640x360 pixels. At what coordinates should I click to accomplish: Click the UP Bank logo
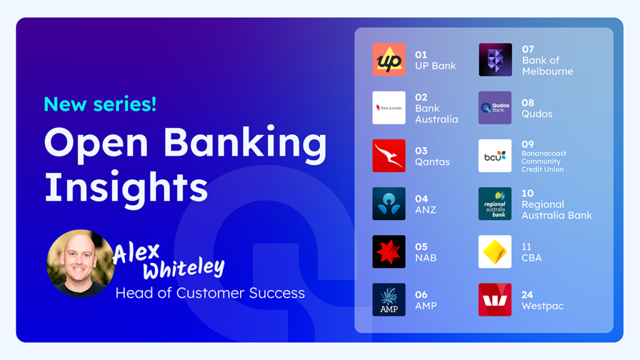point(389,59)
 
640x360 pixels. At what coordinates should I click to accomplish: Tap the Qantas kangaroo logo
point(389,156)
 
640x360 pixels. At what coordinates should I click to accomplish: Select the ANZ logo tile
point(389,204)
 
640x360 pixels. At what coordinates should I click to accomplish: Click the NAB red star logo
point(389,251)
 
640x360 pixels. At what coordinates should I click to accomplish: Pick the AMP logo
point(389,299)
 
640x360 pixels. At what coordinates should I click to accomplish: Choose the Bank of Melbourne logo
point(495,59)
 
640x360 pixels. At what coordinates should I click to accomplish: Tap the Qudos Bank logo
point(495,107)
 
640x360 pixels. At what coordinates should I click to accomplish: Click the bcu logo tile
point(495,156)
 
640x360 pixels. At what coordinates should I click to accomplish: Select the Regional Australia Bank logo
point(495,204)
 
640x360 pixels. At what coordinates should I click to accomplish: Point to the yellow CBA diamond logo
point(495,251)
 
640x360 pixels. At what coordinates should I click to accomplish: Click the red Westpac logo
point(495,299)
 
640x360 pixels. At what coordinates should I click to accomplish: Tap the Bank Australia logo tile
point(389,107)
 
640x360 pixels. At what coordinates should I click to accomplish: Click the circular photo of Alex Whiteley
point(81,263)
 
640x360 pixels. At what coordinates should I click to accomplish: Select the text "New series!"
point(100,104)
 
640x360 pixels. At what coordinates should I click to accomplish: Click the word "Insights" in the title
point(126,187)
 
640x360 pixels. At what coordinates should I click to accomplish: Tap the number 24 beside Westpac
point(527,295)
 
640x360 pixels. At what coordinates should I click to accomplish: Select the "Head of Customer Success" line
point(210,293)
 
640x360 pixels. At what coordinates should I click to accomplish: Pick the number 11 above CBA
point(526,246)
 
